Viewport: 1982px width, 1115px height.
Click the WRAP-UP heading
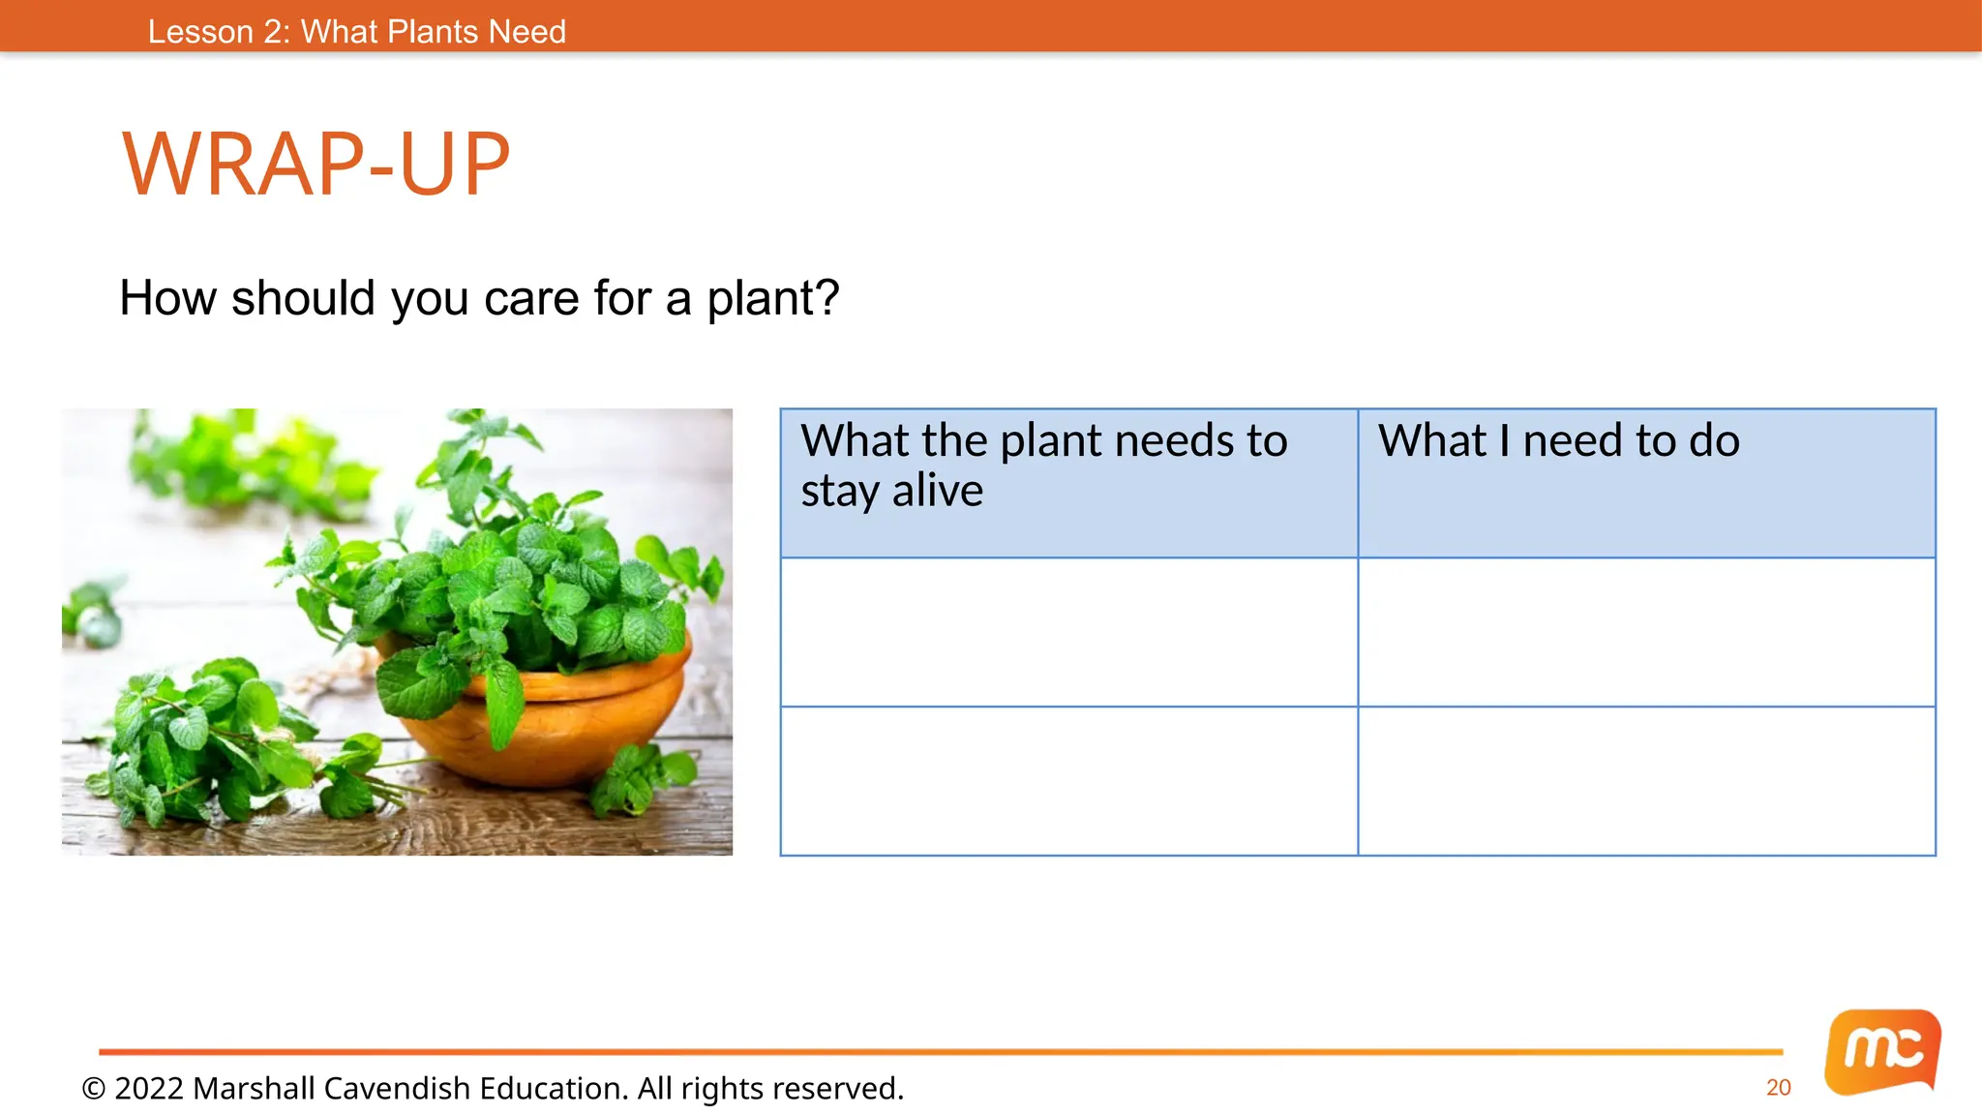point(315,165)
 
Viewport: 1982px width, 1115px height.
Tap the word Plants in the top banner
point(432,32)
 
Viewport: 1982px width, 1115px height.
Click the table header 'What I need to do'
point(1558,441)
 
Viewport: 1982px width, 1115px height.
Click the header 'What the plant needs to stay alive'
point(1043,466)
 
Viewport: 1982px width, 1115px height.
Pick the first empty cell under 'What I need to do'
point(1646,632)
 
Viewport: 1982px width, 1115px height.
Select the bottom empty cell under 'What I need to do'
point(1646,781)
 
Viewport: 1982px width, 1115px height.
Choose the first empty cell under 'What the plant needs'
point(1068,632)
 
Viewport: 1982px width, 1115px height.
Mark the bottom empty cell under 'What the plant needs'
point(1068,781)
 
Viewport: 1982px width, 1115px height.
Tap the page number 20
point(1778,1088)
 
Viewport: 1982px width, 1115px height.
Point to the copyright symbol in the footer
point(94,1089)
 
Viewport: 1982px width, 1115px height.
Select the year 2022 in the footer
point(149,1089)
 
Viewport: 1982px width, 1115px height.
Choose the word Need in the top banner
point(526,32)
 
